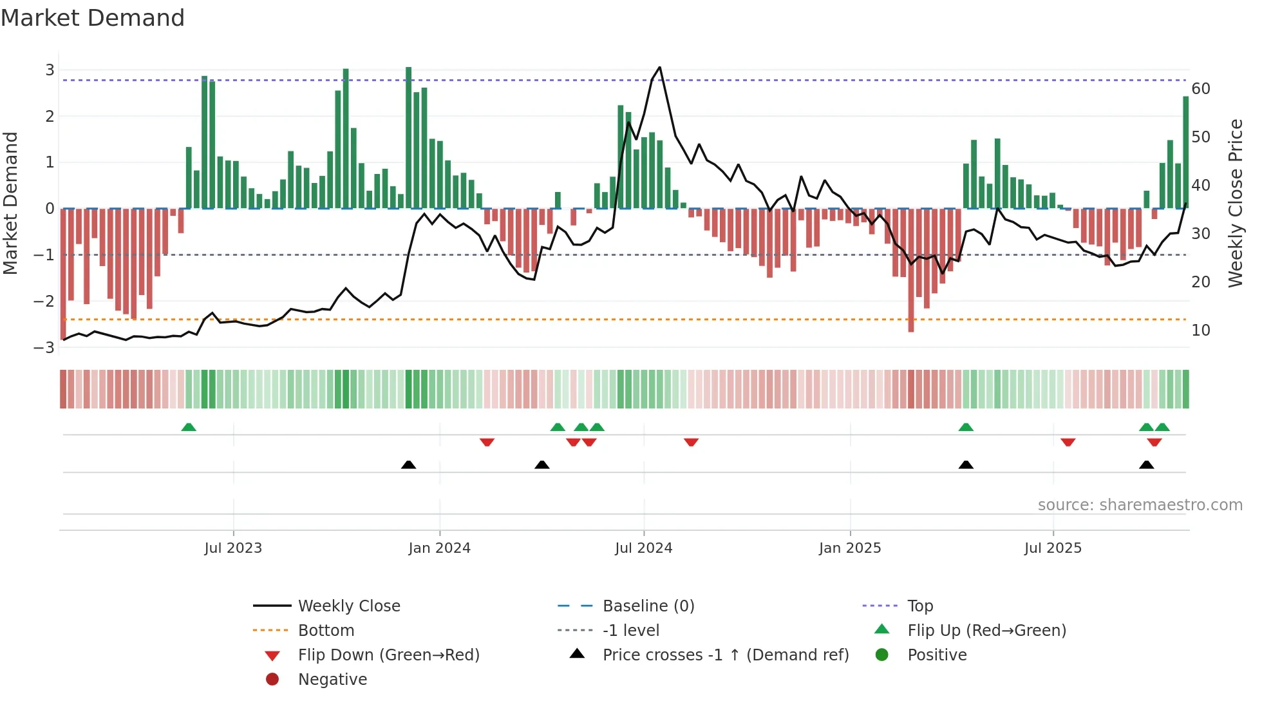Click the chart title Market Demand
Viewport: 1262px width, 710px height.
point(93,18)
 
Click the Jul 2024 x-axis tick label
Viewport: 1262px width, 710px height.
point(643,548)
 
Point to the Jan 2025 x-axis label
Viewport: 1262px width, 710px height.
point(849,548)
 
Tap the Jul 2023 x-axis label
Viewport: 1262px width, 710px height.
point(233,548)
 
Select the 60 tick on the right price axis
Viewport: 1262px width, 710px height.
point(1201,89)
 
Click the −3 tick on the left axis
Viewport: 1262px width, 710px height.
point(44,348)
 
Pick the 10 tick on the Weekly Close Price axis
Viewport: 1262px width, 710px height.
point(1201,331)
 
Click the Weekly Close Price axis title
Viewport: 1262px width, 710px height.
point(1235,203)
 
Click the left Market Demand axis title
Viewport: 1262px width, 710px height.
point(11,203)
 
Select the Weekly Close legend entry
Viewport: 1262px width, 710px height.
point(348,606)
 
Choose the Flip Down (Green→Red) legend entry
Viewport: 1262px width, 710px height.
point(388,655)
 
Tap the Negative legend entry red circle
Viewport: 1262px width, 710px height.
point(272,680)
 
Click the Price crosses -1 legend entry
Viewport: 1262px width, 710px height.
point(725,655)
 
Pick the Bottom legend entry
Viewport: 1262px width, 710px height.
point(326,631)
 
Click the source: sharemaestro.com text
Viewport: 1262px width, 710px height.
point(1140,505)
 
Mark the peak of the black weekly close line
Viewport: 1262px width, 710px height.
point(659,68)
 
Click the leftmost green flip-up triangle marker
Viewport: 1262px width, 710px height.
point(189,427)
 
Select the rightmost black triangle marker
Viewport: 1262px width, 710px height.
point(1146,465)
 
